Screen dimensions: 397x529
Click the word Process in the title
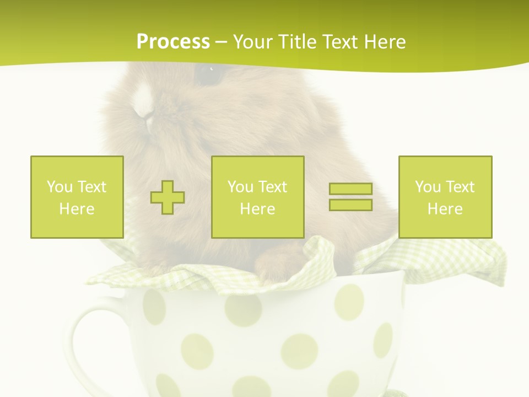[x=173, y=42]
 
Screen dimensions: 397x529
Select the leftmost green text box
[x=77, y=197]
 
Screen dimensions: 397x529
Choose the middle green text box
[x=257, y=197]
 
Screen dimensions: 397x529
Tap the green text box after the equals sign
[x=445, y=197]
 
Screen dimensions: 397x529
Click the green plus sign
[x=168, y=197]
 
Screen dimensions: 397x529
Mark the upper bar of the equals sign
[x=350, y=189]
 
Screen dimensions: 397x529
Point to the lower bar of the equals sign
[x=350, y=205]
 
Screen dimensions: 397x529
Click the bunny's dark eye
[x=208, y=75]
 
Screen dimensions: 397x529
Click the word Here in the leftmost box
[x=77, y=209]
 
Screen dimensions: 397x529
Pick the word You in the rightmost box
[x=427, y=187]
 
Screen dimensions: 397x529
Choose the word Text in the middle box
[x=272, y=187]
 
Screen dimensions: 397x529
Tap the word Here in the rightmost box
[x=445, y=209]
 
